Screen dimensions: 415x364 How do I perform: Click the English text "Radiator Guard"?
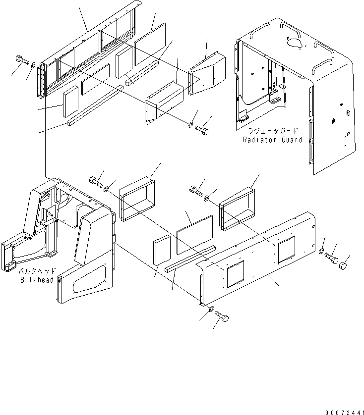272,140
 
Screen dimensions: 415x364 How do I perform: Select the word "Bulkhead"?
37,280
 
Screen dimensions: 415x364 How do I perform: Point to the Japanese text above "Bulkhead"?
37,272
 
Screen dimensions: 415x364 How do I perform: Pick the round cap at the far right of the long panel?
342,267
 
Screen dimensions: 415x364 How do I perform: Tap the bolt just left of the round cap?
331,258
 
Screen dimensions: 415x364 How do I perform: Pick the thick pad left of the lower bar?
162,253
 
